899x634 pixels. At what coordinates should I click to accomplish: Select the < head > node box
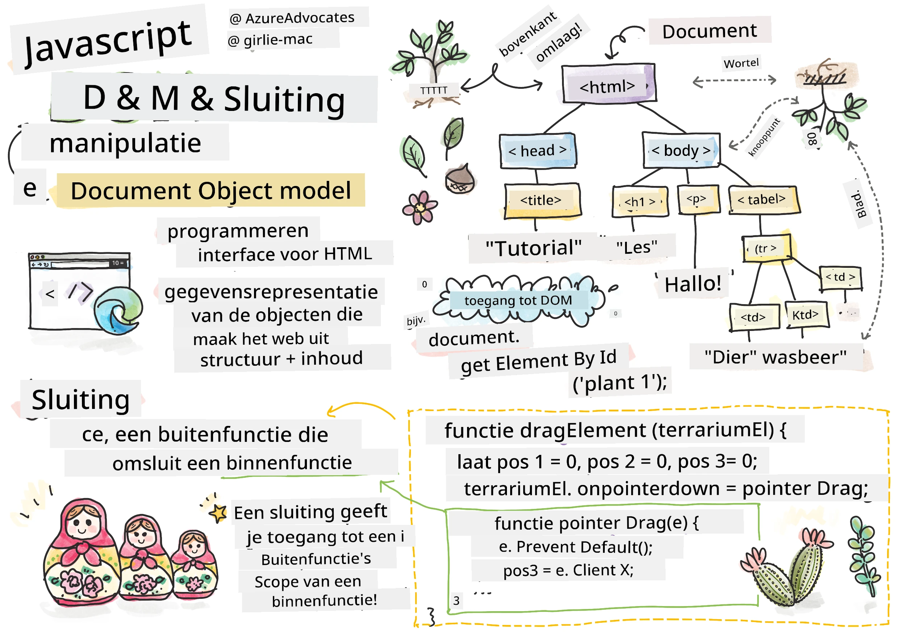pyautogui.click(x=538, y=151)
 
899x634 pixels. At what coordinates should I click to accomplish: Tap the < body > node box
pyautogui.click(x=681, y=150)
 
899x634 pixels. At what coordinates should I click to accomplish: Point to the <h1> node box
pyautogui.click(x=640, y=201)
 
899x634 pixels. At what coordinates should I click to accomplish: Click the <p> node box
pyautogui.click(x=698, y=200)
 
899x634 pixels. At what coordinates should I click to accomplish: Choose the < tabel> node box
pyautogui.click(x=763, y=200)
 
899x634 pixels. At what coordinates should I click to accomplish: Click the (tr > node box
pyautogui.click(x=767, y=248)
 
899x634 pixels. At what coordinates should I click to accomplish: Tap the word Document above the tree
pyautogui.click(x=709, y=31)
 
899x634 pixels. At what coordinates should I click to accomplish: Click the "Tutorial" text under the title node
pyautogui.click(x=533, y=248)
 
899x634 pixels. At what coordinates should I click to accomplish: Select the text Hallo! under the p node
pyautogui.click(x=693, y=284)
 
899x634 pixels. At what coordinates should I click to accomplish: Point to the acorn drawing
pyautogui.click(x=460, y=179)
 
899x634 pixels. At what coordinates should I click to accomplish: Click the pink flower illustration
pyautogui.click(x=420, y=208)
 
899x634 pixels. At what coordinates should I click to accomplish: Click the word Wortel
pyautogui.click(x=741, y=63)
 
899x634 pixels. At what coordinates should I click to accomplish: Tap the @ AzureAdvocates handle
pyautogui.click(x=292, y=18)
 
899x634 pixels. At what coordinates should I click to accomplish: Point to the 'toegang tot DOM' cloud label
pyautogui.click(x=518, y=301)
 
